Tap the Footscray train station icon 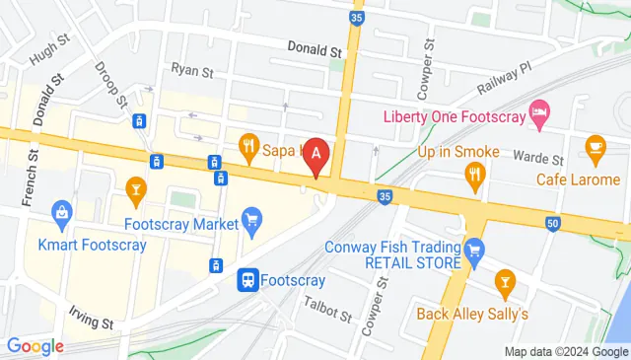click(248, 280)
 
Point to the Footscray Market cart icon click(251, 219)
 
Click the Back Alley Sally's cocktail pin click(505, 284)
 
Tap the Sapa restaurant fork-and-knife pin click(248, 149)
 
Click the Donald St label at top click(314, 47)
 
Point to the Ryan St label click(192, 70)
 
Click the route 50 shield click(552, 225)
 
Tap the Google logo click(35, 346)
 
